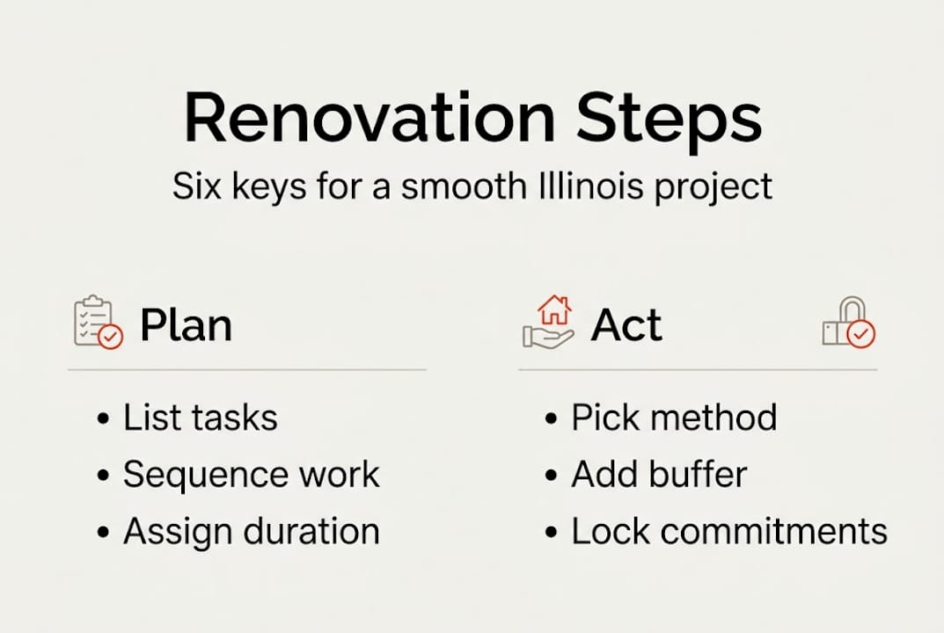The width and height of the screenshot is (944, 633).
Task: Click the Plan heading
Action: [x=186, y=325]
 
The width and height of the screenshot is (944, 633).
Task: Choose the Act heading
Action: [x=626, y=325]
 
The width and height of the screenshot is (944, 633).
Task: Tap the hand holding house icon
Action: [x=548, y=324]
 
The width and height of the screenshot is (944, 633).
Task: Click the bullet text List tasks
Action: [x=200, y=417]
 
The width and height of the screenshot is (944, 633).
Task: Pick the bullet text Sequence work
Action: [x=251, y=474]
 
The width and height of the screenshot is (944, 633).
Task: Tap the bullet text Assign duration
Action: [x=251, y=531]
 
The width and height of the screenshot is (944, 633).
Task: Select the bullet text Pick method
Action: [x=674, y=417]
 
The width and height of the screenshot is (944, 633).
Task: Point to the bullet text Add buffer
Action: [x=659, y=474]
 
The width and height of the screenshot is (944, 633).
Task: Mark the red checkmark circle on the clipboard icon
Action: [x=110, y=337]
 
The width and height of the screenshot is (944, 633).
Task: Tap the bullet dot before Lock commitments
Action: [x=552, y=533]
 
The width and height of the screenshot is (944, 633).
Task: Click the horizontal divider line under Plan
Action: [x=247, y=370]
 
